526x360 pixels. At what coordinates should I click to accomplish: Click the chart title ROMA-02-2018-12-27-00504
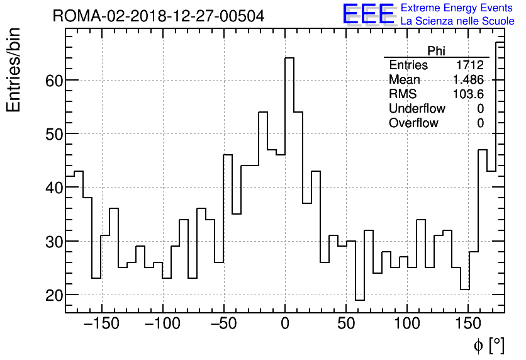(x=159, y=16)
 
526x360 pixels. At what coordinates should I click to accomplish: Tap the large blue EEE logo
(x=368, y=14)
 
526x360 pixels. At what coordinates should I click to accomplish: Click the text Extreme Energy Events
(x=457, y=8)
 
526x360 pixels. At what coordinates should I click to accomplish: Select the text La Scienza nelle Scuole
(x=457, y=21)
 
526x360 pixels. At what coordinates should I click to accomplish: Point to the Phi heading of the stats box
(x=436, y=51)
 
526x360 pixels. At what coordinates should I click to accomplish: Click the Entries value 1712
(x=470, y=65)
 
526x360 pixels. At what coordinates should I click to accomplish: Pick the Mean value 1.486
(x=468, y=80)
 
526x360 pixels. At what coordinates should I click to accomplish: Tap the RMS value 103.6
(x=468, y=94)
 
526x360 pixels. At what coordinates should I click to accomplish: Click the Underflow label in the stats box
(x=417, y=109)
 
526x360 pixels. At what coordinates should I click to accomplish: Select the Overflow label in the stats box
(x=413, y=123)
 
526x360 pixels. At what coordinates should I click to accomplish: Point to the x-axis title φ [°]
(x=489, y=345)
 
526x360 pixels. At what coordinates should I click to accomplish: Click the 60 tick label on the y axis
(x=53, y=81)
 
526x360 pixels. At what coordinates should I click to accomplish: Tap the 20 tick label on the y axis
(x=53, y=295)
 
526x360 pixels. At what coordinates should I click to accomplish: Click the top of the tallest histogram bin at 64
(x=289, y=58)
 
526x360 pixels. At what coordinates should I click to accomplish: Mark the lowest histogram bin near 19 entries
(x=359, y=300)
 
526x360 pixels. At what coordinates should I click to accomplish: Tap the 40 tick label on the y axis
(x=53, y=188)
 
